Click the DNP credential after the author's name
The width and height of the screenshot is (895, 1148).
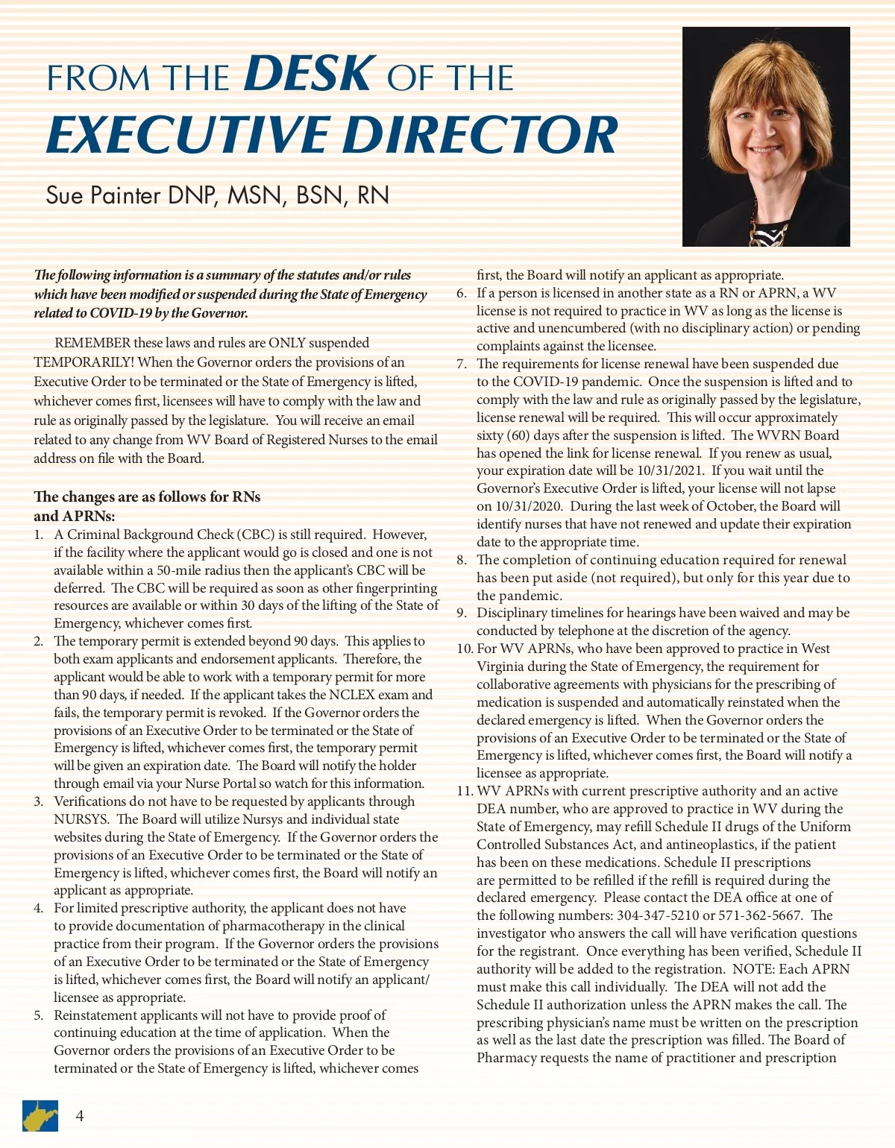(193, 195)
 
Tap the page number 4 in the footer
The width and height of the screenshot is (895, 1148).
(80, 1115)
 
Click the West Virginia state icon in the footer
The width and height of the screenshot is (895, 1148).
(39, 1116)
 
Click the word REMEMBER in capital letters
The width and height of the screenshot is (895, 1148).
(92, 343)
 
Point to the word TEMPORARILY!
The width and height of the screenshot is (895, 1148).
(84, 362)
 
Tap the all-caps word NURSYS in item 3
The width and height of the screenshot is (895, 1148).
(82, 819)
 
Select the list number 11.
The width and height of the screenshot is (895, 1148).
(465, 791)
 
